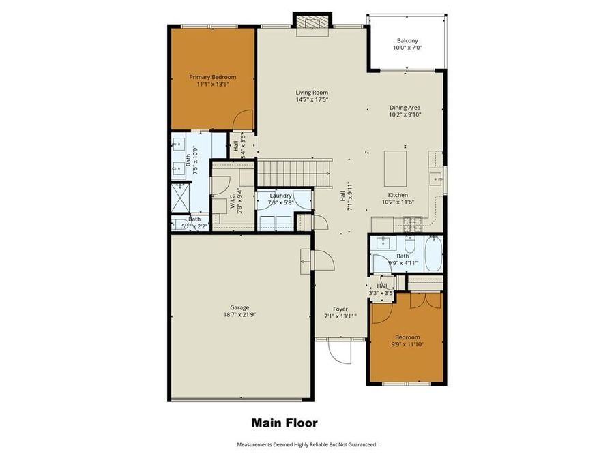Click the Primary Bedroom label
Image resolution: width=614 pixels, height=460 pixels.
(x=212, y=78)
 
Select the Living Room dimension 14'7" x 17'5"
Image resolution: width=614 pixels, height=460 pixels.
(x=312, y=100)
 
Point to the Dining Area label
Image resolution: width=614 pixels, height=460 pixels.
(x=405, y=107)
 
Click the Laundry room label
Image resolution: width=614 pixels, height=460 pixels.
(x=280, y=196)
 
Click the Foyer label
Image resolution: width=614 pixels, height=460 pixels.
(x=340, y=309)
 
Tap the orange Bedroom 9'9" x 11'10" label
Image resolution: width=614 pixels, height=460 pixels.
(x=407, y=337)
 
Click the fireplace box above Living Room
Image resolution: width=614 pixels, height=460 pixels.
(x=312, y=22)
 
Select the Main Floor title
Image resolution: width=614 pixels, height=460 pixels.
(x=284, y=423)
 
